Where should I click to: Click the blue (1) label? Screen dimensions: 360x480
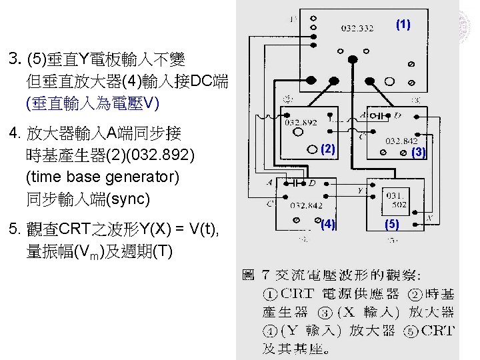(x=403, y=25)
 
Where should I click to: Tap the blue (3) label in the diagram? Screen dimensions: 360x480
(x=418, y=152)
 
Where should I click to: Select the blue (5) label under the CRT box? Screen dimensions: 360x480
(x=392, y=225)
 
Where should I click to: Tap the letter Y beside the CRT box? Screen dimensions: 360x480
(x=361, y=189)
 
